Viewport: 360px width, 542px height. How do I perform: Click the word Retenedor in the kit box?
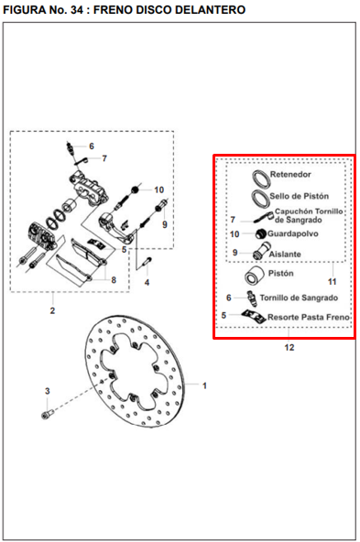tap(290, 174)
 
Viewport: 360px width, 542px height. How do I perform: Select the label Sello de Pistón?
tap(300, 196)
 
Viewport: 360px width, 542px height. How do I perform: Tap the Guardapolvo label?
tap(293, 233)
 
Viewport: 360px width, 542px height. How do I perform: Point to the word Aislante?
tap(285, 255)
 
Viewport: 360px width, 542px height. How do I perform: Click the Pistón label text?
tap(281, 273)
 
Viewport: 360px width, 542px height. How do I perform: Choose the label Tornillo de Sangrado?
tap(299, 298)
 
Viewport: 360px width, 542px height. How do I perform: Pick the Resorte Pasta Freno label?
tap(309, 317)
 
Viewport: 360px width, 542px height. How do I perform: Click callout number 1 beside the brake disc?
tap(204, 385)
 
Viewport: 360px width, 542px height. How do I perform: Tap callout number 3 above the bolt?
tap(48, 391)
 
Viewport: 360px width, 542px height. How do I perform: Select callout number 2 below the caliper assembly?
tap(52, 310)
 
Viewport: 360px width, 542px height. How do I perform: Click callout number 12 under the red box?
tap(289, 347)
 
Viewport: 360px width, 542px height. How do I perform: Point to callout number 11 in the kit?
tap(332, 282)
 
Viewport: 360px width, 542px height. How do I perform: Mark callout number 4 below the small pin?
tap(147, 282)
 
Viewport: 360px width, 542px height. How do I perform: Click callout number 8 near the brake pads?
tap(114, 279)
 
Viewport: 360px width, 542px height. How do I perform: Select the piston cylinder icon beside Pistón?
tap(255, 276)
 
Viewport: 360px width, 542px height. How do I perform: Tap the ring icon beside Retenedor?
tap(261, 179)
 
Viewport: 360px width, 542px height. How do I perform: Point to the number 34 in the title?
tap(76, 10)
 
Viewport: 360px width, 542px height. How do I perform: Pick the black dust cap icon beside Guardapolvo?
tap(261, 234)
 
